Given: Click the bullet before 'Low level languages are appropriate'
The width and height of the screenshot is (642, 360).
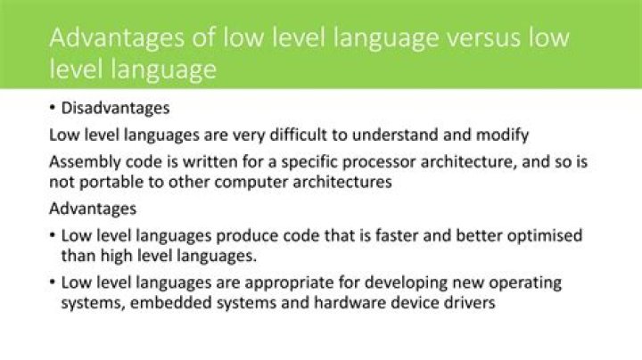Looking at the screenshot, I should [52, 282].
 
